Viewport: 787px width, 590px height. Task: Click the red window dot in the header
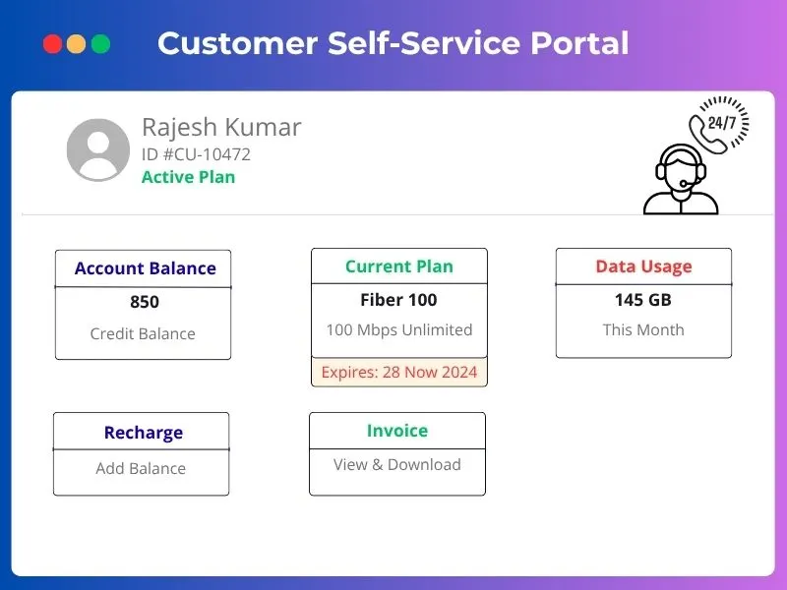pyautogui.click(x=52, y=44)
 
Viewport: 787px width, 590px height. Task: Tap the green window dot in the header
pyautogui.click(x=100, y=44)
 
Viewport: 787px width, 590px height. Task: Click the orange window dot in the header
pyautogui.click(x=76, y=44)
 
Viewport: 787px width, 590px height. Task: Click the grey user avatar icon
pyautogui.click(x=98, y=149)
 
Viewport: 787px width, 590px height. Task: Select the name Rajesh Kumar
pyautogui.click(x=221, y=127)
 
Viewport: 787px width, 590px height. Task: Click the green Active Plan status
pyautogui.click(x=188, y=177)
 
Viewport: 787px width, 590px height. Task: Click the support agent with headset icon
pyautogui.click(x=681, y=180)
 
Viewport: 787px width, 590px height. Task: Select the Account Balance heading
pyautogui.click(x=145, y=268)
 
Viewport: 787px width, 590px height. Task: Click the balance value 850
pyautogui.click(x=144, y=302)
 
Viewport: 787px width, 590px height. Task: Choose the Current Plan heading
pyautogui.click(x=398, y=266)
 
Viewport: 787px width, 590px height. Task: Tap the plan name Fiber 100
pyautogui.click(x=398, y=300)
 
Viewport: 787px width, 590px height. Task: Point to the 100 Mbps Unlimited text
pyautogui.click(x=398, y=329)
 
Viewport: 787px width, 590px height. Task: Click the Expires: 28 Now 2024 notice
pyautogui.click(x=398, y=372)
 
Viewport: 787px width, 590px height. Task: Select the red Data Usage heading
pyautogui.click(x=643, y=266)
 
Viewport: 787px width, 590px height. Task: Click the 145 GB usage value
pyautogui.click(x=643, y=300)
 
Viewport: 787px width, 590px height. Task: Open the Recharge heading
pyautogui.click(x=143, y=433)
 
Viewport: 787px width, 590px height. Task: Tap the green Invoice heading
pyautogui.click(x=396, y=431)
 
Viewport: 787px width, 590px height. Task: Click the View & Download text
pyautogui.click(x=396, y=464)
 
